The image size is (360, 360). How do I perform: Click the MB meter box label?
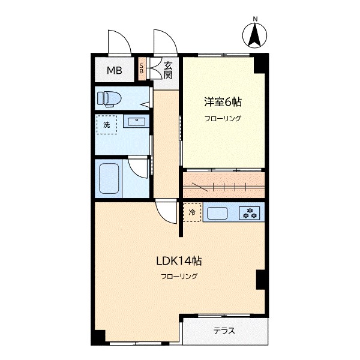click(115, 70)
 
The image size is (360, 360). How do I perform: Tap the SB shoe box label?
click(142, 68)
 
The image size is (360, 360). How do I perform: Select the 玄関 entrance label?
click(168, 70)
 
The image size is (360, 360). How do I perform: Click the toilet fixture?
click(109, 99)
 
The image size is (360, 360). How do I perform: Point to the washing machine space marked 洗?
click(107, 124)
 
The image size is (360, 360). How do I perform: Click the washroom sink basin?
click(136, 121)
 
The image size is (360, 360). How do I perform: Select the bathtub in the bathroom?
click(109, 178)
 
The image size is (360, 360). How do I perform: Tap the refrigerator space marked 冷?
click(192, 212)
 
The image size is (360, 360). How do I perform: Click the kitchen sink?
click(217, 213)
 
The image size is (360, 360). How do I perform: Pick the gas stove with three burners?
click(250, 213)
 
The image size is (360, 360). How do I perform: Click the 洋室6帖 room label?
click(223, 102)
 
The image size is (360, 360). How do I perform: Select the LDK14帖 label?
click(179, 261)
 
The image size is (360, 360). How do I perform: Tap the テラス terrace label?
click(224, 331)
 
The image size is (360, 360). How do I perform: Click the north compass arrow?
click(254, 34)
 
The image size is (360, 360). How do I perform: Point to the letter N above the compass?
click(255, 19)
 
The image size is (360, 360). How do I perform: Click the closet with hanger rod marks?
click(224, 185)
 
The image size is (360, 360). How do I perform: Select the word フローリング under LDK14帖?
click(179, 276)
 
